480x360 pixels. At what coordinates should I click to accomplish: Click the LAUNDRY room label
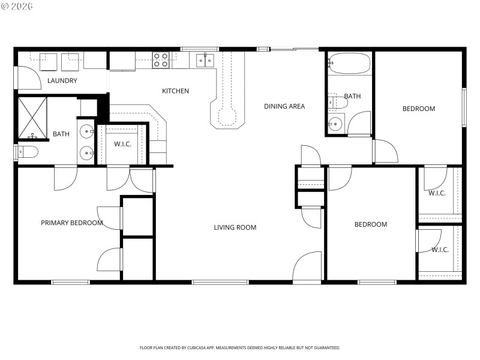click(x=62, y=80)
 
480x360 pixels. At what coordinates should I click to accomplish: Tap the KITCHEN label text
click(x=175, y=91)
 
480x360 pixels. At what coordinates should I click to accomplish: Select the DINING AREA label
click(x=284, y=106)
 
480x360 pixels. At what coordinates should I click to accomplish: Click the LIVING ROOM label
click(x=235, y=227)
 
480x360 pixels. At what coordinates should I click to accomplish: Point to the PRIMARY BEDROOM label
click(x=71, y=223)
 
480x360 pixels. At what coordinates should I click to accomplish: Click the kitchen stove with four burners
click(x=160, y=59)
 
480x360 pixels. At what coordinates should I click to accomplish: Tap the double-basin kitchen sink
click(x=205, y=60)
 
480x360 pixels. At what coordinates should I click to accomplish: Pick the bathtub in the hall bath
click(x=349, y=64)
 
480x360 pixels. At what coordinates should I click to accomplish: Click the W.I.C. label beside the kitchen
click(x=122, y=144)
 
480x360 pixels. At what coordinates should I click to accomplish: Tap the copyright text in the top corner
click(x=17, y=7)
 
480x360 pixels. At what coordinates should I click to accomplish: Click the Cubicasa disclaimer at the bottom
click(x=240, y=347)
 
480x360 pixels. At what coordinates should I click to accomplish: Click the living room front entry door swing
click(x=308, y=266)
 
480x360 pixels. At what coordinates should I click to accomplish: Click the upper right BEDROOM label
click(x=418, y=109)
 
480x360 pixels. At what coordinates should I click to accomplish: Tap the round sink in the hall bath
click(x=335, y=125)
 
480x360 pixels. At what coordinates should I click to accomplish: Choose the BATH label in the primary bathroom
click(x=61, y=134)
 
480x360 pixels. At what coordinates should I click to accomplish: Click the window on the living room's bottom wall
click(x=220, y=281)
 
